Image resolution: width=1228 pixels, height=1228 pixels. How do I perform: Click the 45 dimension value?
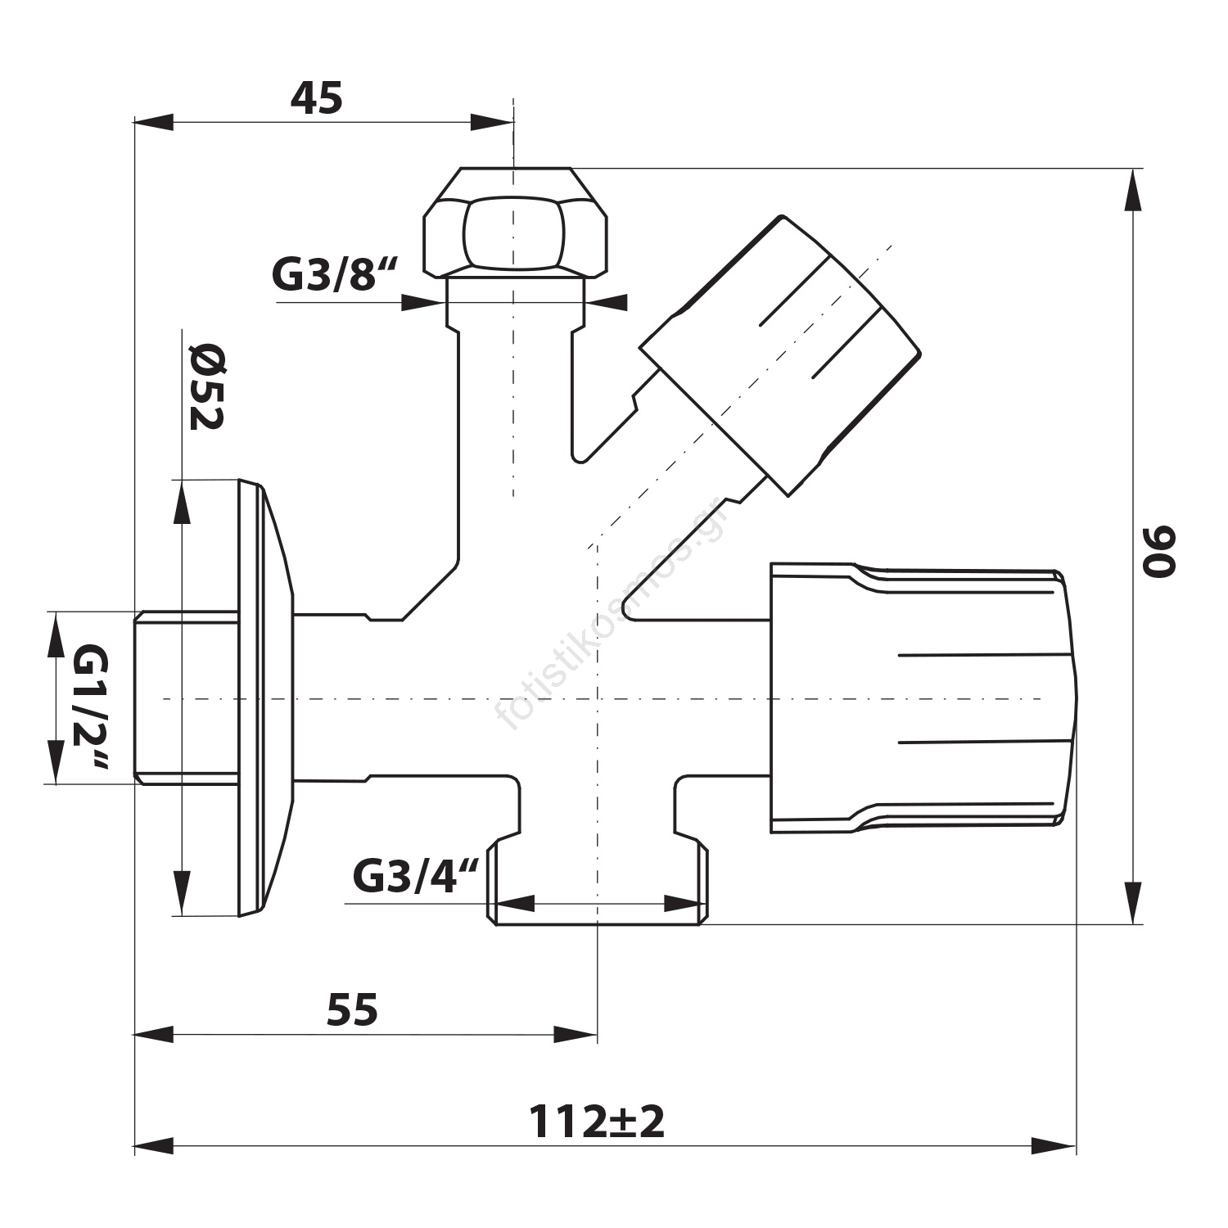[x=317, y=100]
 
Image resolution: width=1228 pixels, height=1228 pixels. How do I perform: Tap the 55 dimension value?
[x=352, y=1010]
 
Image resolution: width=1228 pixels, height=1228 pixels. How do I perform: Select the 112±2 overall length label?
[x=596, y=1122]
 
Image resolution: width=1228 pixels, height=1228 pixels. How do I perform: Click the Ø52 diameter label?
[x=205, y=387]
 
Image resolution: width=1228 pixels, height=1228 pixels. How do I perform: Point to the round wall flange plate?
[x=264, y=698]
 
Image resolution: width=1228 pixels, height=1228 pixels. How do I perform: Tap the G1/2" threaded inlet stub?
[x=185, y=698]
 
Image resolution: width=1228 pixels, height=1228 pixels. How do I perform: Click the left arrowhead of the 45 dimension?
[x=154, y=123]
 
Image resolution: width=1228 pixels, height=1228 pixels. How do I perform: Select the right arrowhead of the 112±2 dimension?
[x=1054, y=1146]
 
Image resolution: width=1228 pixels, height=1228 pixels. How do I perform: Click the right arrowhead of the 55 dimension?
[x=577, y=1035]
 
